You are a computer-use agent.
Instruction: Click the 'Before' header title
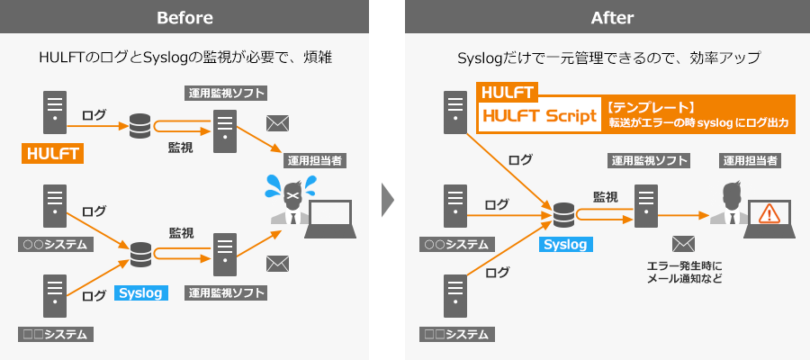(184, 17)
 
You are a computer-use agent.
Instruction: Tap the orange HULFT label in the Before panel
(52, 154)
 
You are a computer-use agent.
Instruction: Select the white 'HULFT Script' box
(539, 116)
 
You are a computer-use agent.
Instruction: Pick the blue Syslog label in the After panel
(564, 244)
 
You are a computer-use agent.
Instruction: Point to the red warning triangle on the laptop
(769, 214)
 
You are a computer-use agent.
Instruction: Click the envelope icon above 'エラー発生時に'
(684, 244)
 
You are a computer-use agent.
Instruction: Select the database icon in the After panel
(564, 215)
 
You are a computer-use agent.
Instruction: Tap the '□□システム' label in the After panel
(457, 334)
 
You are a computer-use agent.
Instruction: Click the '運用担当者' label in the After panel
(751, 161)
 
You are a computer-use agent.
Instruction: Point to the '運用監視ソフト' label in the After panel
(649, 161)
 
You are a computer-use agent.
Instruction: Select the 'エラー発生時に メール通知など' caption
(684, 272)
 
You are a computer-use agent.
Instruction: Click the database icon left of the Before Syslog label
(141, 255)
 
